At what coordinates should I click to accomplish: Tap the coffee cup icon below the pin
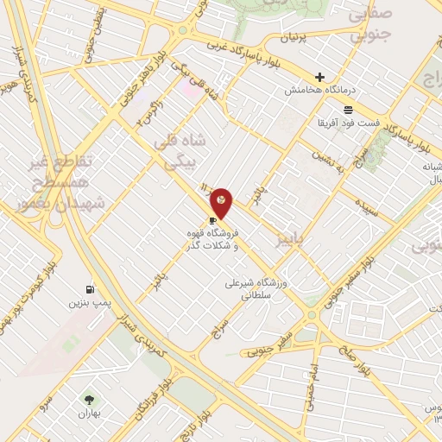[212, 221]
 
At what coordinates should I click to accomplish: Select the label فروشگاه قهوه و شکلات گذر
[212, 239]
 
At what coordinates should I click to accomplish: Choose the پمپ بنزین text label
[89, 304]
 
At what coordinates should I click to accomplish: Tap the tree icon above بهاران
[88, 398]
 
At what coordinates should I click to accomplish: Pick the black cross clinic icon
[319, 77]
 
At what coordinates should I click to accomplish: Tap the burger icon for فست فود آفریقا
[347, 110]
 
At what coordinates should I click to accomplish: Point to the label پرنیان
[294, 39]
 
